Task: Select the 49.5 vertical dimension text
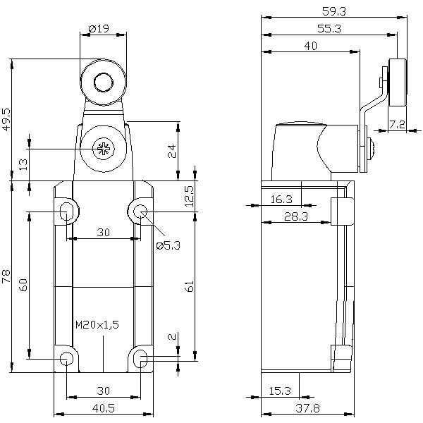click(x=7, y=121)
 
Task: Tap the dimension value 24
click(x=171, y=151)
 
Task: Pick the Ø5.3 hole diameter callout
click(x=168, y=245)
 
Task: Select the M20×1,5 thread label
click(x=97, y=325)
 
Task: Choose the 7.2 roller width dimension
click(x=397, y=124)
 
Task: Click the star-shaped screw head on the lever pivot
click(x=103, y=149)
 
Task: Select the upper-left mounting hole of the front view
click(x=66, y=210)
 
